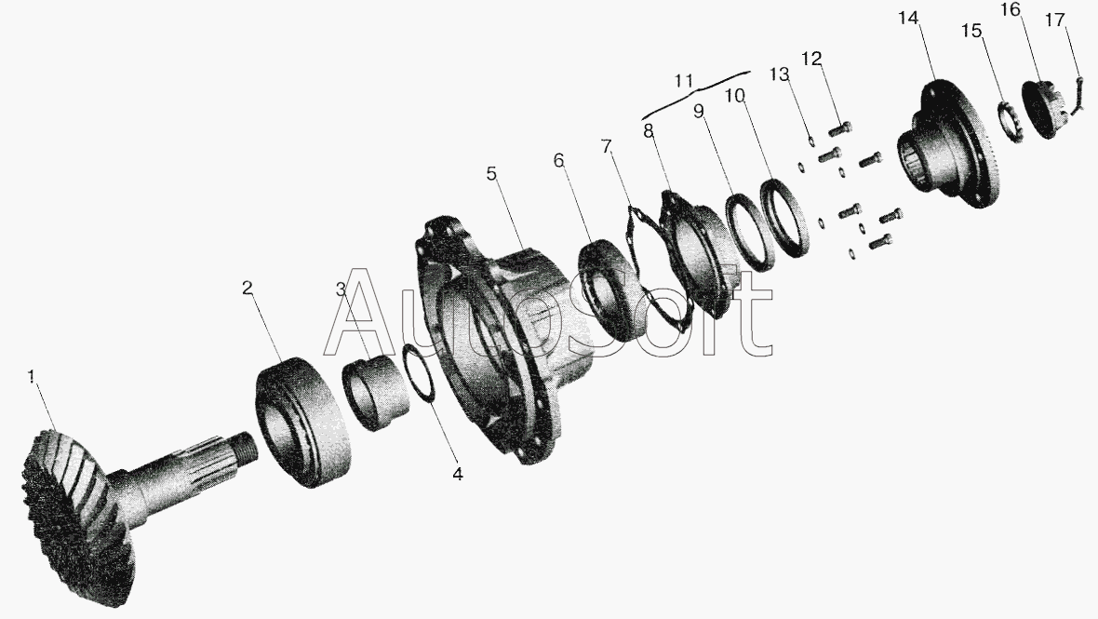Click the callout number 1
click(31, 377)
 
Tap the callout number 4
click(457, 474)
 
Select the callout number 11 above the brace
click(684, 80)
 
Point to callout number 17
click(1055, 20)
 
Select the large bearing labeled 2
click(302, 422)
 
